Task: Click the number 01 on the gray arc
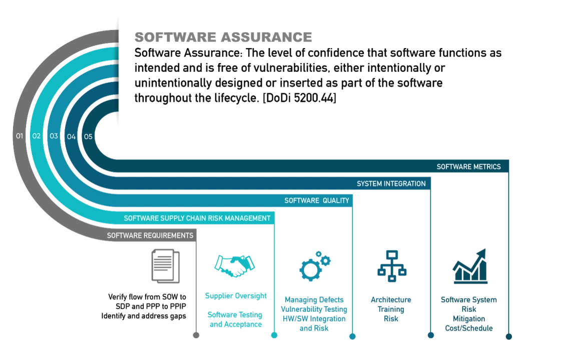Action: pyautogui.click(x=20, y=136)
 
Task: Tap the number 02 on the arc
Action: pyautogui.click(x=37, y=136)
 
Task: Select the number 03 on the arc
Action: pyautogui.click(x=54, y=136)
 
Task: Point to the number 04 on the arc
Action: pyautogui.click(x=71, y=136)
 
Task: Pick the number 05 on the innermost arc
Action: pyautogui.click(x=88, y=136)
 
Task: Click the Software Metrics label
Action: pyautogui.click(x=468, y=167)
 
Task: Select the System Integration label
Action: pyautogui.click(x=391, y=183)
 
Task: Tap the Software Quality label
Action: pyautogui.click(x=317, y=200)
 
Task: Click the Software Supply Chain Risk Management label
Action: pyautogui.click(x=197, y=218)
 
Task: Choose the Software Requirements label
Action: pyautogui.click(x=150, y=235)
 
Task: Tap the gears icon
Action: pyautogui.click(x=315, y=266)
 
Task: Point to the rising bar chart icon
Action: pyautogui.click(x=470, y=268)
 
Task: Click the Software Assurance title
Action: pyautogui.click(x=224, y=37)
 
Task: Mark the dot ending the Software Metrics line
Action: pyautogui.click(x=509, y=336)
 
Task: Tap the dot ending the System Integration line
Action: pyautogui.click(x=430, y=336)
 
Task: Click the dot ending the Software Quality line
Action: pyautogui.click(x=352, y=336)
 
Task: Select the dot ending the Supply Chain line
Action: pyautogui.click(x=274, y=336)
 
